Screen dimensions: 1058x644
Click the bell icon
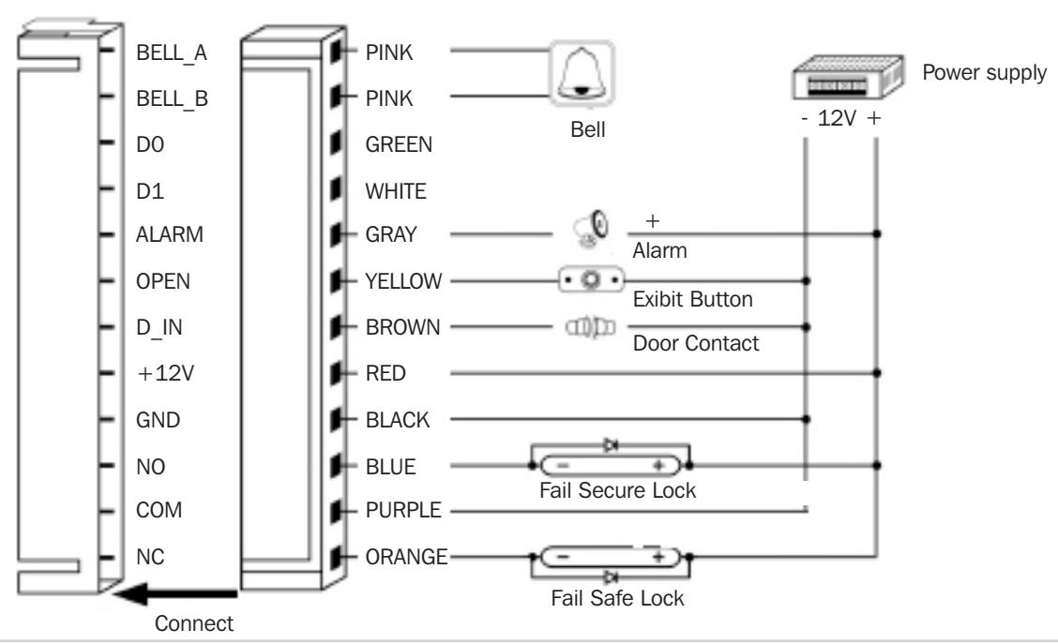(x=582, y=73)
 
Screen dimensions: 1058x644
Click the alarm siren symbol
(x=591, y=230)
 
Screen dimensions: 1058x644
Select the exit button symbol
(x=591, y=279)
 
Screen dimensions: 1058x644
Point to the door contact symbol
(x=590, y=328)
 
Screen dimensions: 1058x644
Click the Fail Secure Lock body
(x=611, y=465)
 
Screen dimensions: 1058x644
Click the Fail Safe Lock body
(x=611, y=557)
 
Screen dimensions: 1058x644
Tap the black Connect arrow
(x=175, y=594)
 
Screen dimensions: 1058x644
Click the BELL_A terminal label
(x=172, y=53)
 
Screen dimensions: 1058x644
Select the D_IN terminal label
(x=159, y=328)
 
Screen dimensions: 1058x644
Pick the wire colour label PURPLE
(x=402, y=511)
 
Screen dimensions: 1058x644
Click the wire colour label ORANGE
(x=406, y=557)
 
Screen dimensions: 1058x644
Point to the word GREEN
(x=399, y=144)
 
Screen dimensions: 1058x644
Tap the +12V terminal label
(x=165, y=374)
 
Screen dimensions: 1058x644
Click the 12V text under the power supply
(x=837, y=119)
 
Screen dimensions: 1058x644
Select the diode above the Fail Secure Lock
(x=612, y=444)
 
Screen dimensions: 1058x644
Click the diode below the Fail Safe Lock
(x=612, y=577)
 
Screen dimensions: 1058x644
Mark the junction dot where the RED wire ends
(x=876, y=373)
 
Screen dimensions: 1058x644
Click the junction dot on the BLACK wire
(x=806, y=419)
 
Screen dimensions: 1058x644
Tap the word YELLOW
(x=403, y=281)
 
